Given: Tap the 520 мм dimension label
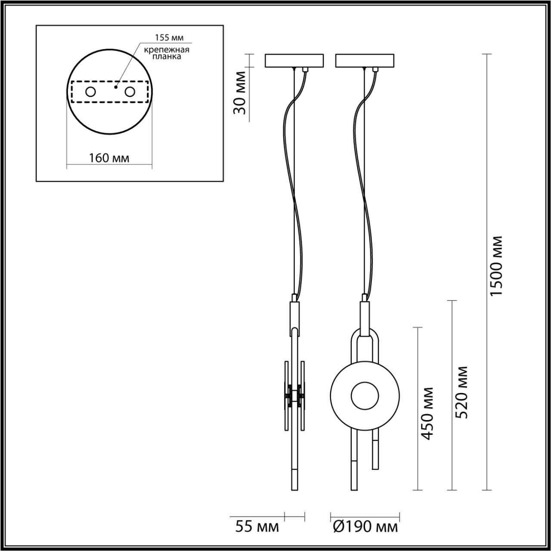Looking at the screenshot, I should (x=462, y=392).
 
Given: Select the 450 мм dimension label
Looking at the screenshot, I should (x=427, y=413).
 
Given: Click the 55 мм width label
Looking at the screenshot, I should (x=257, y=526).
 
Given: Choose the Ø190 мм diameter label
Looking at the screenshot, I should (x=365, y=526).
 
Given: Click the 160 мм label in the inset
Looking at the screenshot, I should (x=109, y=158).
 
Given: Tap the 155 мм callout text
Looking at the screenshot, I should (x=167, y=38).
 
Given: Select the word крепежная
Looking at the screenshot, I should (x=167, y=50).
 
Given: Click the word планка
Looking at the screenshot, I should (x=167, y=56).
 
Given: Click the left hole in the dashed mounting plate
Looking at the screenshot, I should (x=91, y=92).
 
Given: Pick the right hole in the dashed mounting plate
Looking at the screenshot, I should (x=129, y=92).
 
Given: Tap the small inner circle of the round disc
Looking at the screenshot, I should (x=365, y=396).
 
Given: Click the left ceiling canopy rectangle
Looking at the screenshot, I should (x=294, y=60).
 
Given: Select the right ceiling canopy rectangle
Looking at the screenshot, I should (x=365, y=60).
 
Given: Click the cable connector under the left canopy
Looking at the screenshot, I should (x=306, y=69).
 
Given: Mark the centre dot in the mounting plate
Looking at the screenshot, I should (x=115, y=87).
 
